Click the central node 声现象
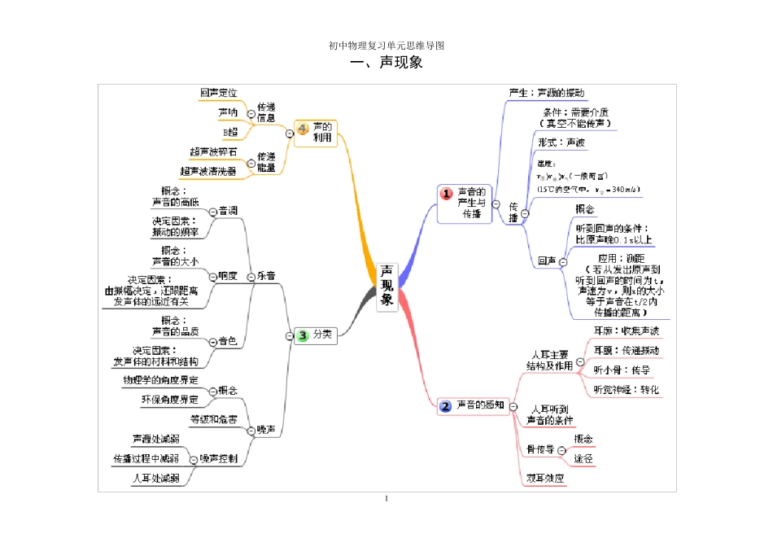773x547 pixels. click(386, 286)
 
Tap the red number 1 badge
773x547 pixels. click(447, 194)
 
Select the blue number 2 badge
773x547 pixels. click(445, 405)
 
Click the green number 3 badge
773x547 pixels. click(302, 335)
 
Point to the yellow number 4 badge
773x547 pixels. click(303, 129)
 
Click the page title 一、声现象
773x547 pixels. click(386, 63)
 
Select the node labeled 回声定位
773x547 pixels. click(219, 93)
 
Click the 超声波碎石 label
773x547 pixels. click(213, 152)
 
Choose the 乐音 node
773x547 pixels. click(266, 276)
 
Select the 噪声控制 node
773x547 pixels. click(219, 459)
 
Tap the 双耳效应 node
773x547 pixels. click(545, 479)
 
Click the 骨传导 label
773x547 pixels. click(540, 449)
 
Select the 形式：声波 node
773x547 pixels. click(561, 142)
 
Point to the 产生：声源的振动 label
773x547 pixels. click(546, 93)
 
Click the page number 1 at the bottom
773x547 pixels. click(386, 499)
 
